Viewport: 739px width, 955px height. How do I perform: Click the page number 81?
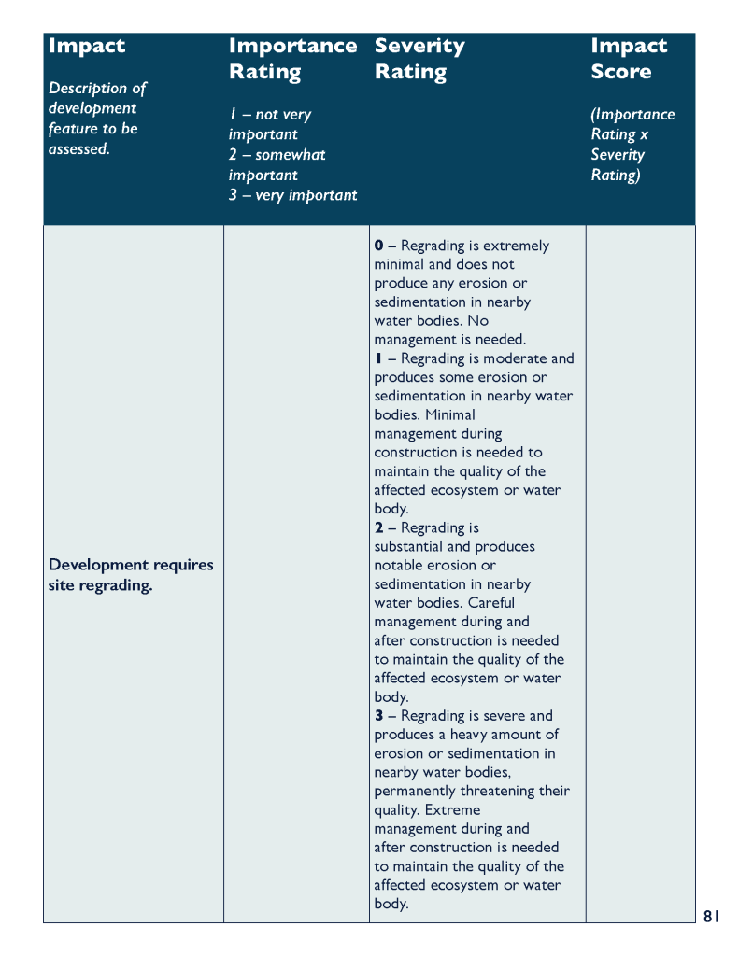[x=711, y=917]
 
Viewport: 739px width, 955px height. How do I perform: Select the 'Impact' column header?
[x=86, y=46]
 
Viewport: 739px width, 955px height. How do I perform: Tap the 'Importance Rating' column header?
[x=291, y=58]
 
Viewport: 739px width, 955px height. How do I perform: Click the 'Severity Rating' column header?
[x=419, y=58]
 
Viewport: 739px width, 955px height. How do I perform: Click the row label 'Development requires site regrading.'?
[x=130, y=575]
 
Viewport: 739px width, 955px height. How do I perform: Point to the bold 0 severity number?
[x=378, y=246]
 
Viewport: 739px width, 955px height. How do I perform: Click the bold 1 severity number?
[x=378, y=358]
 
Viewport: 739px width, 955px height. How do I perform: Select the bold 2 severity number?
[x=378, y=527]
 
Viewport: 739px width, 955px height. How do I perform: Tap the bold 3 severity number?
[x=378, y=716]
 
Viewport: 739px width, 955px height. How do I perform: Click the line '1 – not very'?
[x=269, y=114]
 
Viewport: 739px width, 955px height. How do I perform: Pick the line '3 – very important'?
[x=292, y=195]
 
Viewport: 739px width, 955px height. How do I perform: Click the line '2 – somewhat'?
[x=277, y=154]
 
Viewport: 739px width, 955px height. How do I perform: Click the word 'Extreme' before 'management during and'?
[x=452, y=809]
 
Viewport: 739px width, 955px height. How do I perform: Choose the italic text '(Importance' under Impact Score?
[x=632, y=114]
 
